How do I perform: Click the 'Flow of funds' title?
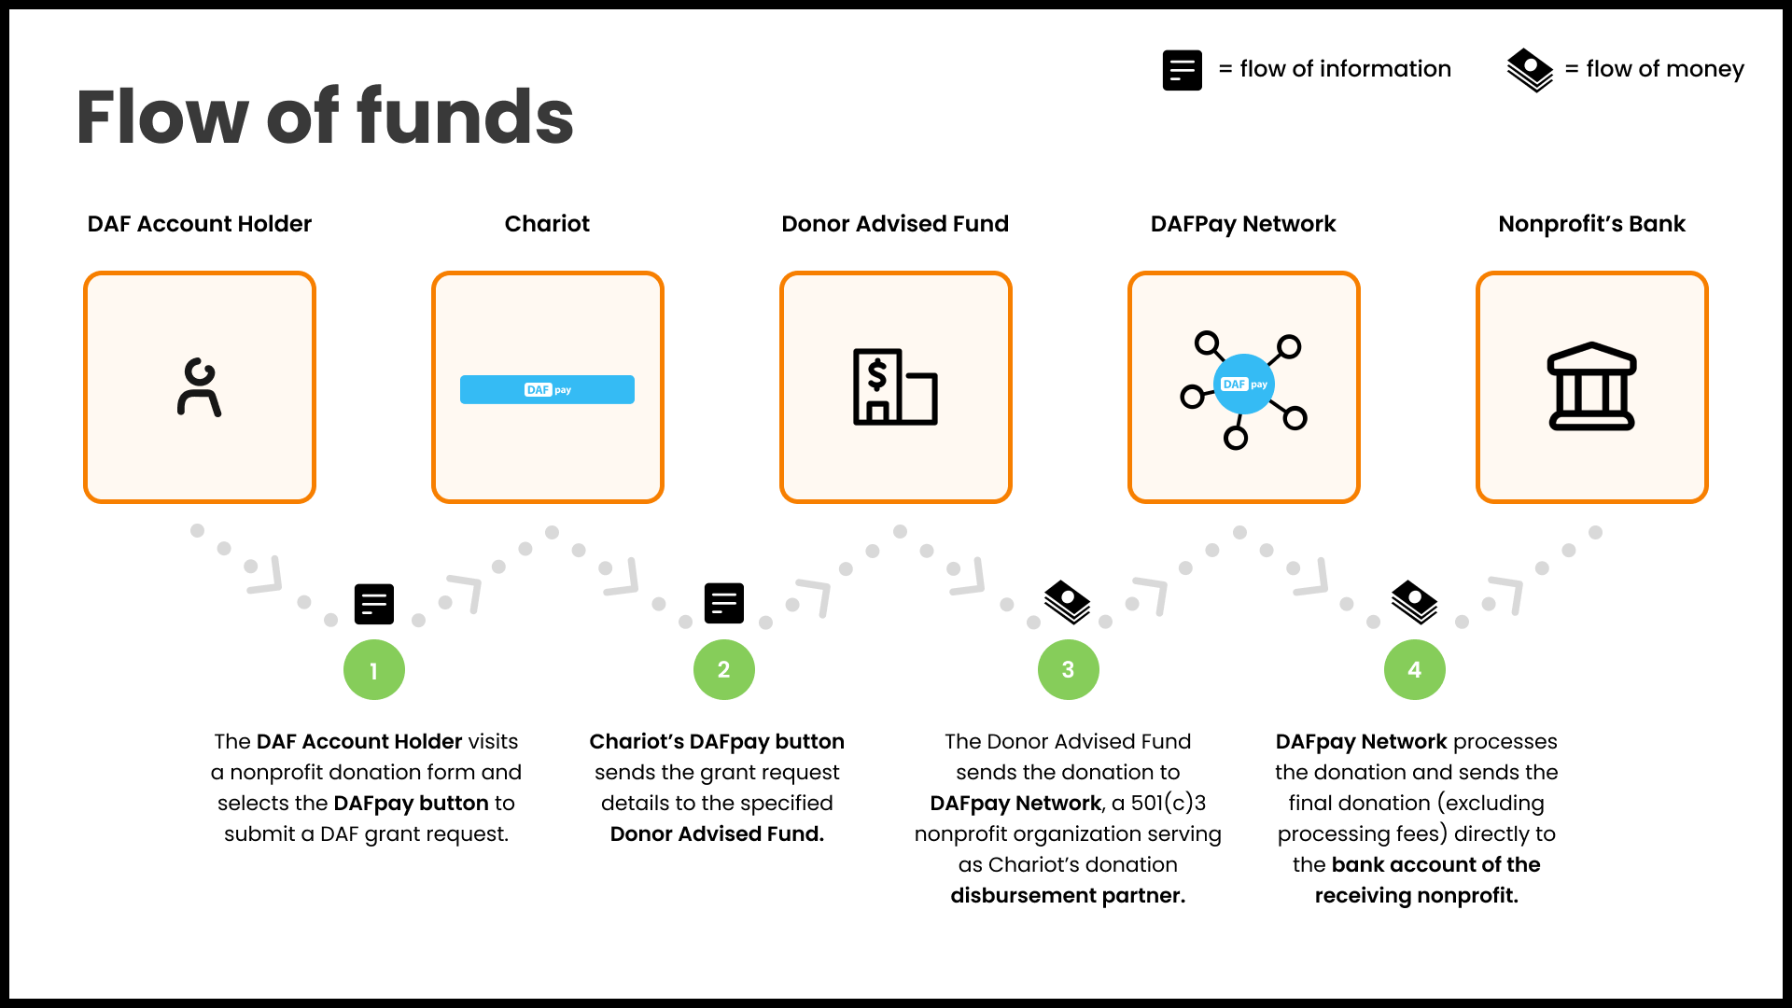pyautogui.click(x=324, y=117)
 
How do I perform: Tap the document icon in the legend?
pyautogui.click(x=1182, y=70)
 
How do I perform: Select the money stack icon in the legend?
pyautogui.click(x=1530, y=70)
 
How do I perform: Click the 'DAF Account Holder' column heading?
pyautogui.click(x=199, y=224)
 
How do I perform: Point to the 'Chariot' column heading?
pyautogui.click(x=547, y=224)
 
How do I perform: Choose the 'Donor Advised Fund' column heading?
pyautogui.click(x=895, y=224)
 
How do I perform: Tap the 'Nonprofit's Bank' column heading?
pyautogui.click(x=1591, y=224)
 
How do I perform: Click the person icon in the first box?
pyautogui.click(x=199, y=387)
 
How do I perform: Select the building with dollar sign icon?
pyautogui.click(x=895, y=387)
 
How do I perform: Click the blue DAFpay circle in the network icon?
pyautogui.click(x=1244, y=385)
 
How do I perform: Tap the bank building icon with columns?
pyautogui.click(x=1591, y=386)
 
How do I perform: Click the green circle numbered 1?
pyautogui.click(x=374, y=670)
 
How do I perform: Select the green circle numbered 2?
pyautogui.click(x=723, y=670)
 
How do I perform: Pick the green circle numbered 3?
pyautogui.click(x=1069, y=670)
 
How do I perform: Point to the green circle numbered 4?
pyautogui.click(x=1415, y=670)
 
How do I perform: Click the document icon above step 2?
pyautogui.click(x=723, y=603)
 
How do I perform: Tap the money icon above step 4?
pyautogui.click(x=1414, y=602)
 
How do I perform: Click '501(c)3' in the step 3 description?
pyautogui.click(x=1169, y=803)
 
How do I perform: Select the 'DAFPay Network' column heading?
pyautogui.click(x=1243, y=224)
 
